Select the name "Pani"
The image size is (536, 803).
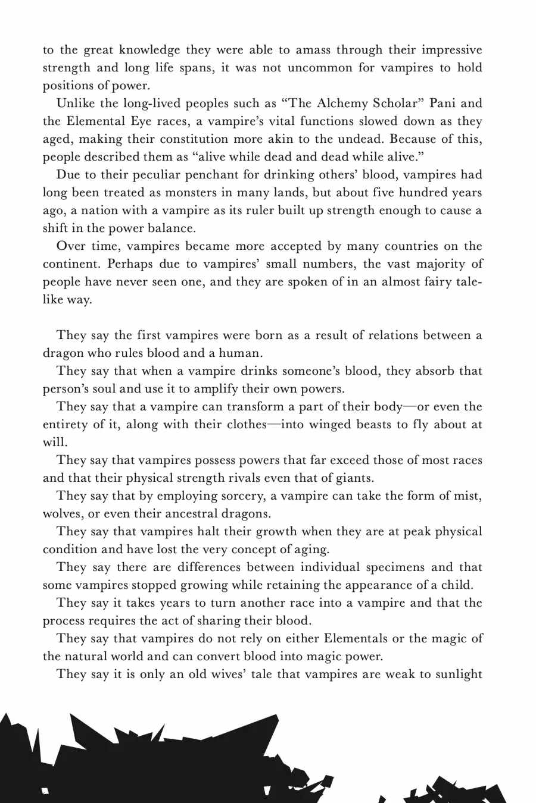click(x=442, y=103)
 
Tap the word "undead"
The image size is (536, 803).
click(x=335, y=139)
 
